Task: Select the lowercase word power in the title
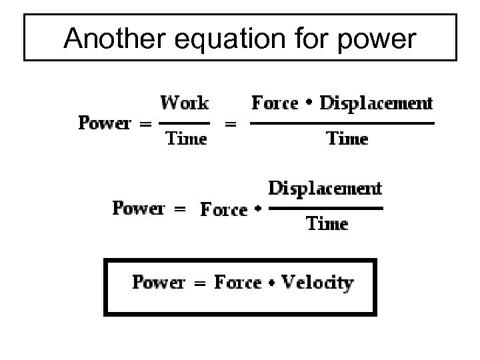376,41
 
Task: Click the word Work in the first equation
185,103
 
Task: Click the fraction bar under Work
185,123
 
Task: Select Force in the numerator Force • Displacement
275,103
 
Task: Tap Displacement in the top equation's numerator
376,103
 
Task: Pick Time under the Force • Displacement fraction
346,139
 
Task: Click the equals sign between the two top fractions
231,123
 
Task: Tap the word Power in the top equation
105,123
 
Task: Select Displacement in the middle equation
325,189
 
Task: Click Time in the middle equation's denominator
327,223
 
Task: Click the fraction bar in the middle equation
327,207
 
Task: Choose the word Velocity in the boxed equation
317,283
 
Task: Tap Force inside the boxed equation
238,282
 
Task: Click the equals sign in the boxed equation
199,283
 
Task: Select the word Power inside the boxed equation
159,282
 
